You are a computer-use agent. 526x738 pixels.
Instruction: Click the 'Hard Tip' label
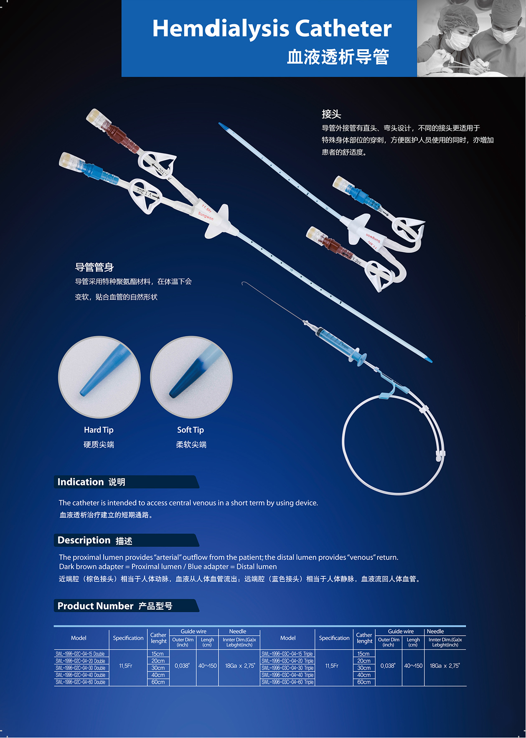(99, 430)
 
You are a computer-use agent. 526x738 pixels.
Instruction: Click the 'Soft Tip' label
(191, 430)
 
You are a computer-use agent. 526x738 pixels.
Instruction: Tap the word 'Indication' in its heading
(80, 482)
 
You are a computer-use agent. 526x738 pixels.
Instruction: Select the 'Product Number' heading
(95, 606)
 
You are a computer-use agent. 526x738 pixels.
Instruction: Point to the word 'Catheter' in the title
(343, 28)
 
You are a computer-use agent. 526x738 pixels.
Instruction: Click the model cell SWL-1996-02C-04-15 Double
(80, 654)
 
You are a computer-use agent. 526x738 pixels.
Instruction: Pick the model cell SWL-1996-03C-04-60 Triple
(287, 682)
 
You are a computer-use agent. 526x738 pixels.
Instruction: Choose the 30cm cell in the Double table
(158, 668)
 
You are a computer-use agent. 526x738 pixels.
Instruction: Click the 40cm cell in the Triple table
(364, 675)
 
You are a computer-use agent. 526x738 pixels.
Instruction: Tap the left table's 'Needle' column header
(238, 631)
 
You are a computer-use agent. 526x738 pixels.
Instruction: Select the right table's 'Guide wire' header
(401, 631)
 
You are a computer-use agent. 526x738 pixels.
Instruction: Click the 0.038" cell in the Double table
(182, 666)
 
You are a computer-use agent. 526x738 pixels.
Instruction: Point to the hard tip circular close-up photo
(99, 377)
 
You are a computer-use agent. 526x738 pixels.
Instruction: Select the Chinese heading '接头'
(331, 114)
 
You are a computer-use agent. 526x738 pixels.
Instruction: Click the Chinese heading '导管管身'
(94, 267)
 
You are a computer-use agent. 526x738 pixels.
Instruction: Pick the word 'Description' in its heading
(84, 540)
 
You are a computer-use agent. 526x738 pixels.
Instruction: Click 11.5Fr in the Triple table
(332, 666)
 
